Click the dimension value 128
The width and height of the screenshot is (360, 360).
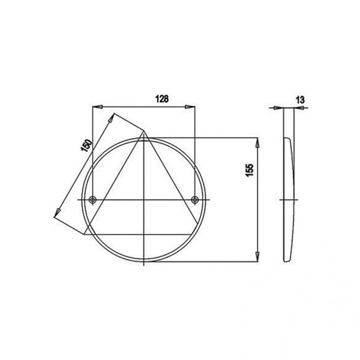162,99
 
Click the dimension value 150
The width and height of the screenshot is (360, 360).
86,145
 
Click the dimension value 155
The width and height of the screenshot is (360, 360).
250,170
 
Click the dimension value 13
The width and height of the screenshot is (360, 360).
300,99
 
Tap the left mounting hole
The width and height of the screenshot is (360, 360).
93,199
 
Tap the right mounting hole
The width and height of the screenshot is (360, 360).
195,199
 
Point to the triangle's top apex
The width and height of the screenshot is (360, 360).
145,131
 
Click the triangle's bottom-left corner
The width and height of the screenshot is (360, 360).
84,235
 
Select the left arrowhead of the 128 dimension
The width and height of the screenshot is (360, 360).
98,107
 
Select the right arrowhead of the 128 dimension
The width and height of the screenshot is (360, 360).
189,107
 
